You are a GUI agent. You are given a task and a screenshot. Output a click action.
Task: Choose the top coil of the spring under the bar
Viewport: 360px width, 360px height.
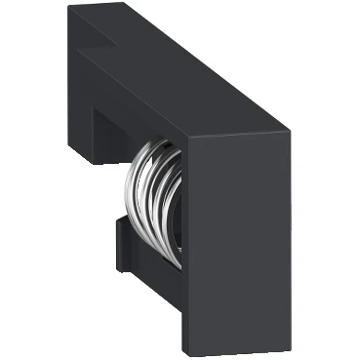pos(156,146)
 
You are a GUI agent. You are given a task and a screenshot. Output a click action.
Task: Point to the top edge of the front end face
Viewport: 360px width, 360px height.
pos(239,133)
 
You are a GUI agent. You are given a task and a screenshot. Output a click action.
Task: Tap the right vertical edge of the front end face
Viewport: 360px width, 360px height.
pos(290,234)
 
